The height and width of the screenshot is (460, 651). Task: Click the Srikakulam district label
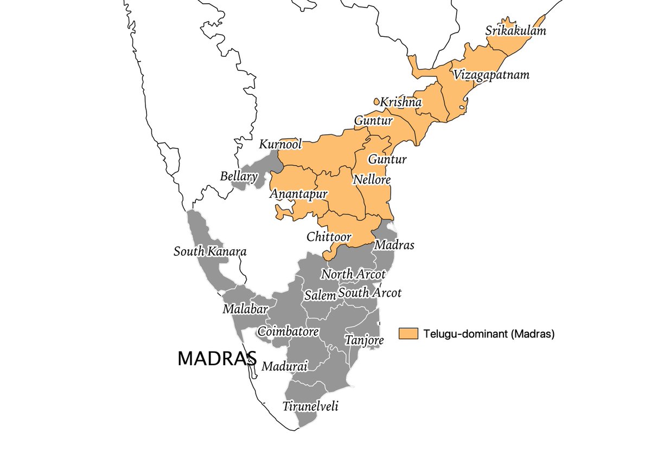click(515, 31)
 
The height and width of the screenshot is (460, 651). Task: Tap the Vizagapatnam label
click(492, 75)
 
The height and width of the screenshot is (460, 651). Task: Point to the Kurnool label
click(280, 145)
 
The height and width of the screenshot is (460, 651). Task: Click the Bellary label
click(239, 177)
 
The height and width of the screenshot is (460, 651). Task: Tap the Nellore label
click(372, 179)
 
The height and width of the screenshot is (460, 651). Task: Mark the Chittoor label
click(329, 237)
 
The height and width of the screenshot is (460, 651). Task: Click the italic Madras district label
click(394, 245)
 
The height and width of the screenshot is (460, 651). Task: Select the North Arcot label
click(353, 274)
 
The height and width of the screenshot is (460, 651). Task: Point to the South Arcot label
click(369, 293)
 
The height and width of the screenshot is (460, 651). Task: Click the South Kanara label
click(210, 252)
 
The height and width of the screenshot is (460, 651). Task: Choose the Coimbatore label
click(288, 331)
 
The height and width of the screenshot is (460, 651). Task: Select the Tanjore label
click(364, 340)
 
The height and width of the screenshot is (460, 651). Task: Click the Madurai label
click(285, 367)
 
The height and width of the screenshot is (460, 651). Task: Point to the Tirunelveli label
click(310, 406)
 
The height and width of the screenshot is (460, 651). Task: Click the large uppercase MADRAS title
click(217, 358)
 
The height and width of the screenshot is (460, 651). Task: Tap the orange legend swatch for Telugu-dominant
click(408, 334)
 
